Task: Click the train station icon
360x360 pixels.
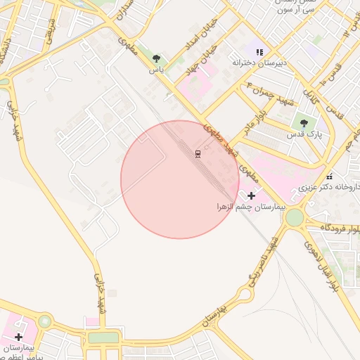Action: (x=198, y=153)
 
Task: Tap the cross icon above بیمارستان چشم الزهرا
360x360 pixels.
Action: (x=252, y=195)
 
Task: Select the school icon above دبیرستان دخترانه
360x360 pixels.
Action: (x=259, y=51)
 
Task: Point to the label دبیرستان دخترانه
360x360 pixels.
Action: (x=260, y=63)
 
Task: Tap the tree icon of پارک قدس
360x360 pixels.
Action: (x=304, y=122)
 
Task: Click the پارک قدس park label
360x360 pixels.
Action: (x=304, y=133)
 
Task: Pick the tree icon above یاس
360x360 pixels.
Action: (x=156, y=59)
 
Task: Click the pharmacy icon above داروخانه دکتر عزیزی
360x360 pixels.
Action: (x=328, y=176)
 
